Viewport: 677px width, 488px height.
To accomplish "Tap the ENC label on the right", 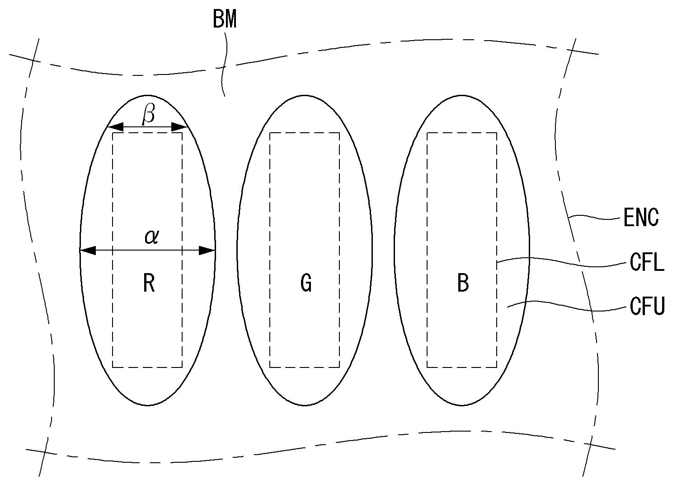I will click(x=641, y=218).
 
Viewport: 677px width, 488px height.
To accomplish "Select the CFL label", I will click(x=647, y=262).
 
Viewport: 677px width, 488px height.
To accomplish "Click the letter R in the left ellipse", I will click(x=149, y=284).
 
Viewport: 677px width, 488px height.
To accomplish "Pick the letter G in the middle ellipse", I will click(x=306, y=284).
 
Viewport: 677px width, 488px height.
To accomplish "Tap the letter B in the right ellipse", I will click(x=463, y=284).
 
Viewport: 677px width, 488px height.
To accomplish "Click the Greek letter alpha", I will click(x=151, y=236).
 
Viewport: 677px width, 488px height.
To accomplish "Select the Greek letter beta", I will click(x=148, y=114).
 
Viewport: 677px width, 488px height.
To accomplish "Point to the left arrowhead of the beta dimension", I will click(x=116, y=127).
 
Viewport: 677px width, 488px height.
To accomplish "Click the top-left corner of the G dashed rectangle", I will click(x=270, y=133).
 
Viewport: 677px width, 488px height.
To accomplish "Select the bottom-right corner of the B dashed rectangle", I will click(x=497, y=367).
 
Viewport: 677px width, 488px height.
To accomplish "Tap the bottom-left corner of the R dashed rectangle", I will click(x=113, y=367).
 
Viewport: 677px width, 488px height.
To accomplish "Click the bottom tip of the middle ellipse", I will click(x=305, y=405).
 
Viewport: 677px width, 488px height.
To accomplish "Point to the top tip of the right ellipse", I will click(x=461, y=95).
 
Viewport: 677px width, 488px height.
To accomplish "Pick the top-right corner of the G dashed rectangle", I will click(x=339, y=133).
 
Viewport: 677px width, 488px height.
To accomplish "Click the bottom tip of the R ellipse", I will click(x=147, y=405).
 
